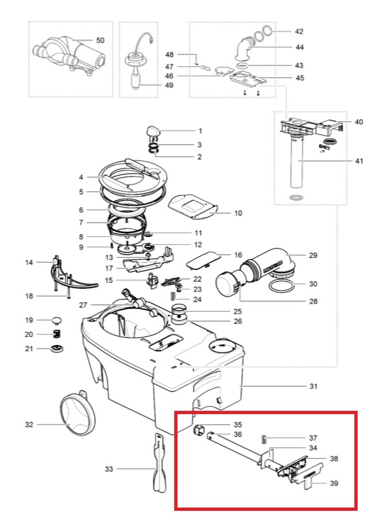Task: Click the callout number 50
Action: (x=100, y=40)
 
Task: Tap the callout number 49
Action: (x=169, y=85)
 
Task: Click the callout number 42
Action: (x=299, y=31)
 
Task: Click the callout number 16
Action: (x=238, y=255)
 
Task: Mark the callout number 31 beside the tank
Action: (x=313, y=387)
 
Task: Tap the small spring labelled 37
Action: (x=264, y=439)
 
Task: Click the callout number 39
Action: (x=334, y=484)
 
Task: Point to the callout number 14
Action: (x=29, y=263)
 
